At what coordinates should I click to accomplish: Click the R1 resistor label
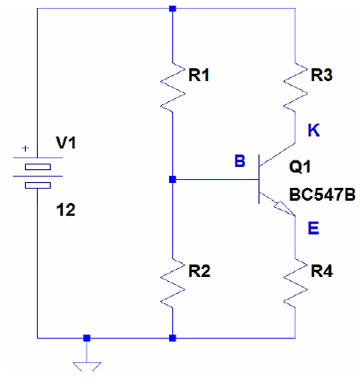[199, 75]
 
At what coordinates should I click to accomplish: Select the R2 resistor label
[199, 271]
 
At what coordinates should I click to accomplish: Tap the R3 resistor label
[322, 75]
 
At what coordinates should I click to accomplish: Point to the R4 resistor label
[322, 271]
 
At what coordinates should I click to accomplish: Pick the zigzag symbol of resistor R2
[172, 283]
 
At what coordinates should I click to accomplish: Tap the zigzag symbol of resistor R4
[295, 283]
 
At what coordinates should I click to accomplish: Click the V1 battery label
[66, 142]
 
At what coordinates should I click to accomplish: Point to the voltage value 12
[66, 210]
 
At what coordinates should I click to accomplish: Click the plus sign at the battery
[25, 148]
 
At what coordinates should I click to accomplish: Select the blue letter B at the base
[240, 161]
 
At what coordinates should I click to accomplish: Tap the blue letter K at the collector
[314, 130]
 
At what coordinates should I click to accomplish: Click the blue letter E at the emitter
[313, 228]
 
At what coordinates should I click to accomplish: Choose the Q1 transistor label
[300, 167]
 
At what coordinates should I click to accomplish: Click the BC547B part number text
[322, 194]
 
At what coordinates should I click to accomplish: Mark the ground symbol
[87, 367]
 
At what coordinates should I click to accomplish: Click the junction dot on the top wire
[172, 8]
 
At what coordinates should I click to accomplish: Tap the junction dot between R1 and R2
[172, 179]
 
